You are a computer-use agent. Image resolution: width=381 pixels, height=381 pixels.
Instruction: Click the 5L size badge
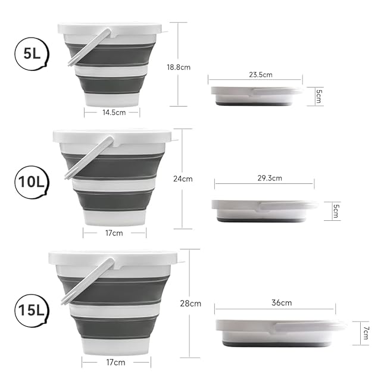32,54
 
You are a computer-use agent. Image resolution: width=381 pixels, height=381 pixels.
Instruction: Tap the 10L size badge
32,182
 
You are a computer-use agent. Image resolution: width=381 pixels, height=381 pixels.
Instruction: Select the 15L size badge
32,311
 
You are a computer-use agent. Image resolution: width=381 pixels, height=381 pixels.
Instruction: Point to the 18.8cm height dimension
179,67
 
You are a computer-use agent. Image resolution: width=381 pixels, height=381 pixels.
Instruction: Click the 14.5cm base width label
114,113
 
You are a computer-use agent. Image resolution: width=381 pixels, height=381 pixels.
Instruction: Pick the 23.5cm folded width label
261,74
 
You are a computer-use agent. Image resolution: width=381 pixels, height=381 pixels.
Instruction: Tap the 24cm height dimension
183,179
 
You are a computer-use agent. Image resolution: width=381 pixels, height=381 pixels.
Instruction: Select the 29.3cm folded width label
270,178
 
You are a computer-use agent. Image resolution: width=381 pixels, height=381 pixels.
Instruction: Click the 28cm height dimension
190,304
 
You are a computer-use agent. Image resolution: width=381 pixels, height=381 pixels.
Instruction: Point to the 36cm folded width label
282,303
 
